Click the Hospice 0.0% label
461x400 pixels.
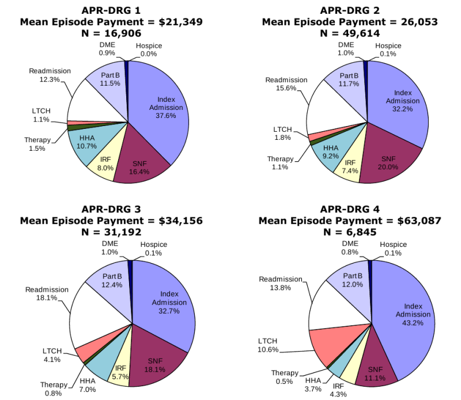coord(149,49)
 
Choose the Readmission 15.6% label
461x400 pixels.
coord(286,84)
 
